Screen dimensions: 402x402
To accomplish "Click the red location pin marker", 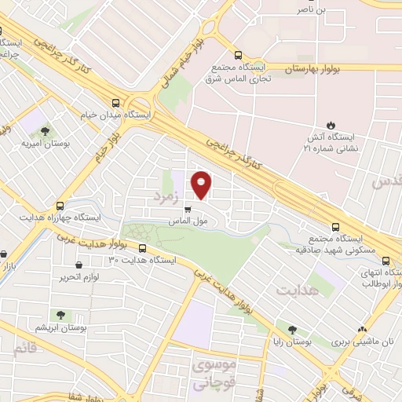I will [x=202, y=184].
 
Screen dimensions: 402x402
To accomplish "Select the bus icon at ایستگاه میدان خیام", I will [x=116, y=103].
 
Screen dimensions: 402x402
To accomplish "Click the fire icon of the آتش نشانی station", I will [x=331, y=126].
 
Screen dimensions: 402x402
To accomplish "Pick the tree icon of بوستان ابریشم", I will [x=59, y=315].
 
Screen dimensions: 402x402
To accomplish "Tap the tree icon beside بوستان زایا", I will [x=292, y=331].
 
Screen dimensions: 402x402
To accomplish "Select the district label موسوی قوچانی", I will [x=213, y=375].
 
